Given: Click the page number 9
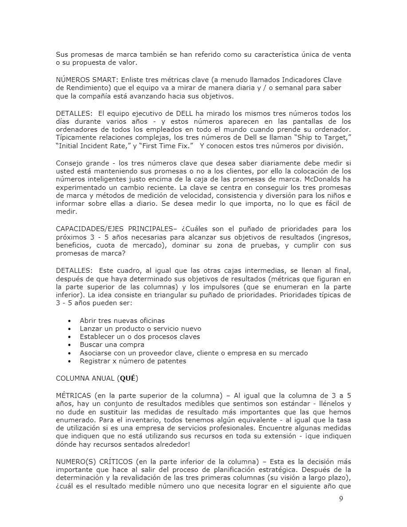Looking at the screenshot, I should [340, 499].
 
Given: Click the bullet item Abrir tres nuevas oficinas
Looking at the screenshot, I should [122, 320].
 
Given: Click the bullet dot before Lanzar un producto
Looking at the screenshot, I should [70, 329].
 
